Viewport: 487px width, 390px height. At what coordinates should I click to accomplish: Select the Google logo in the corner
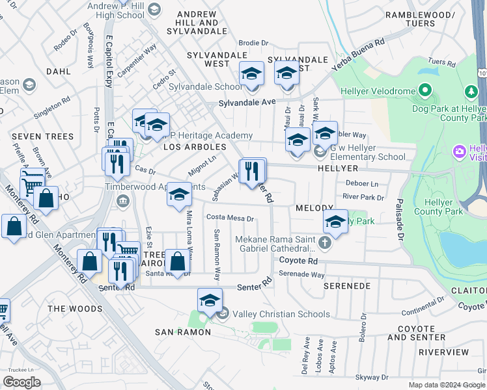click(22, 382)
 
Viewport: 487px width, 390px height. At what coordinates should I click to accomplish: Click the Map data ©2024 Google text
click(447, 385)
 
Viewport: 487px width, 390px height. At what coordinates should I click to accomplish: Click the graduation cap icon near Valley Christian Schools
click(210, 301)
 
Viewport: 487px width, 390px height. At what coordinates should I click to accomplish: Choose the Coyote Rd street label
click(298, 261)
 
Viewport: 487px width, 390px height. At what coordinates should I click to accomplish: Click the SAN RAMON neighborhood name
click(183, 332)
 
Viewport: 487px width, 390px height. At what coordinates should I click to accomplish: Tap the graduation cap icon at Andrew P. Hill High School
click(154, 9)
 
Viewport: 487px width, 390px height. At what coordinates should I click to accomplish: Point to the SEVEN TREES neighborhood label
click(37, 136)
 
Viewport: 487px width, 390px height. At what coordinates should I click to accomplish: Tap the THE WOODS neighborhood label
click(75, 309)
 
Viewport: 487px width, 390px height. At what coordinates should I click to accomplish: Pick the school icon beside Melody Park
click(335, 222)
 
